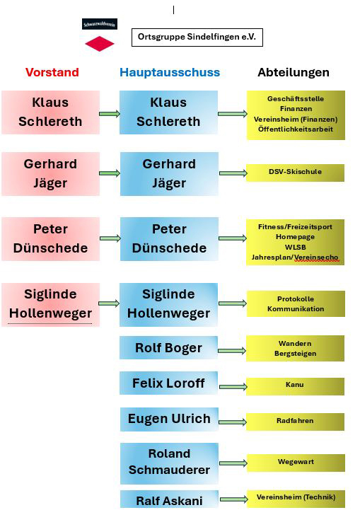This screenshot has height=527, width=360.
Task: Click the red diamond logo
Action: click(x=100, y=44)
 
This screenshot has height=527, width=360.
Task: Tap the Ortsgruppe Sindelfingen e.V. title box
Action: click(x=197, y=37)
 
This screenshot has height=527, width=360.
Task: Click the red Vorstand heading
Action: click(x=52, y=72)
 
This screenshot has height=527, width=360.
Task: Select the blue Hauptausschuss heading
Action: click(x=170, y=72)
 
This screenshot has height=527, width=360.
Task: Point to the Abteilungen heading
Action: click(x=294, y=72)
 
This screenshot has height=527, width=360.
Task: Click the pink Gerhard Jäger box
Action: click(x=50, y=174)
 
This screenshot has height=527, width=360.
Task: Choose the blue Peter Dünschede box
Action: click(x=169, y=238)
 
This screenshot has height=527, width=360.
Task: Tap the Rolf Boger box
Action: click(x=169, y=347)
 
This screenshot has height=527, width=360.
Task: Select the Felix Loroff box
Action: click(x=169, y=383)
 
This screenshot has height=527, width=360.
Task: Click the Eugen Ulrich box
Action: click(x=170, y=419)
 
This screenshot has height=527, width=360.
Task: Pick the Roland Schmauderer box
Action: click(x=170, y=463)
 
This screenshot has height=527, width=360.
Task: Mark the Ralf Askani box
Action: click(x=170, y=500)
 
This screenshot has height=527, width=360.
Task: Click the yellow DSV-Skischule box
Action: click(x=295, y=173)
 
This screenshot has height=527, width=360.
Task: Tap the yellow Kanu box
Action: click(x=295, y=386)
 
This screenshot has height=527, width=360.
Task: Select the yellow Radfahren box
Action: click(x=295, y=422)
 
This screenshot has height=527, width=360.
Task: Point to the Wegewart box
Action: click(x=296, y=463)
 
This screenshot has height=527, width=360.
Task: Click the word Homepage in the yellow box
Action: click(x=295, y=237)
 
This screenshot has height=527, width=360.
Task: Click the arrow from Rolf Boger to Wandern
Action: click(x=232, y=351)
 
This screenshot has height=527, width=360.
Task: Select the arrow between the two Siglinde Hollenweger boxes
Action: click(x=109, y=303)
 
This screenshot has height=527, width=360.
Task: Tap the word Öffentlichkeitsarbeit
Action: click(x=296, y=129)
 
